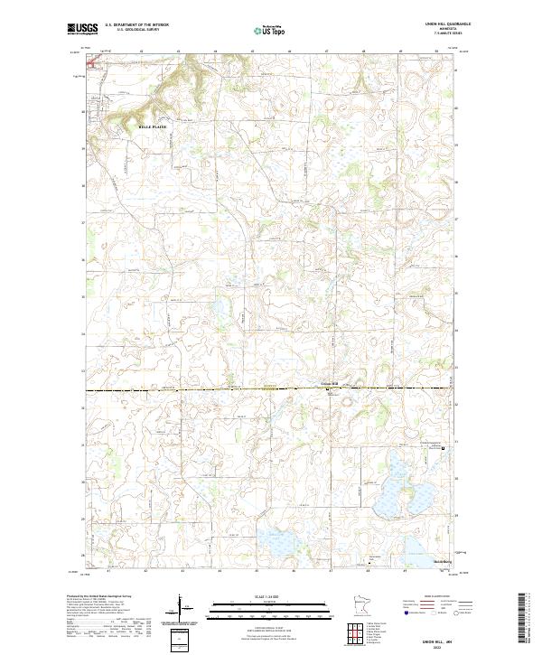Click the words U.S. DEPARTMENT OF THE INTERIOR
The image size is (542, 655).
pyautogui.click(x=136, y=24)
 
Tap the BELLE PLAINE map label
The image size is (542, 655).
pyautogui.click(x=153, y=127)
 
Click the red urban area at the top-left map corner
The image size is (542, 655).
pyautogui.click(x=93, y=64)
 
